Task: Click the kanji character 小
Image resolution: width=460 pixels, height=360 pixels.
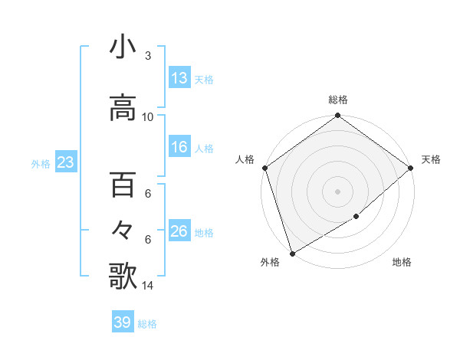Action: click(123, 47)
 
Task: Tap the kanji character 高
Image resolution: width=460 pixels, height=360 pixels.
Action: click(123, 108)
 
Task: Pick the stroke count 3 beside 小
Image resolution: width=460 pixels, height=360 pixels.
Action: click(147, 56)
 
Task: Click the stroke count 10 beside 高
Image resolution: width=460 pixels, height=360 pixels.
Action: click(148, 117)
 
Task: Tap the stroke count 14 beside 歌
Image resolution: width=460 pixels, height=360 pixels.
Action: click(148, 286)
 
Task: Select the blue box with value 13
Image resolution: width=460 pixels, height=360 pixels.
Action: click(179, 78)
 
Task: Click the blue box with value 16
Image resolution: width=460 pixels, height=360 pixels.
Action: click(179, 147)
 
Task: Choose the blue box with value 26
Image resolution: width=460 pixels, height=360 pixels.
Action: click(179, 231)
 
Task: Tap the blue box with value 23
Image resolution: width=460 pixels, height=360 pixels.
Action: click(65, 162)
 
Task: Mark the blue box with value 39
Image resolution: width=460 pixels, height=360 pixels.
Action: click(122, 322)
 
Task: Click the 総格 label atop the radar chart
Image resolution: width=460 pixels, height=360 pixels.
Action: click(338, 100)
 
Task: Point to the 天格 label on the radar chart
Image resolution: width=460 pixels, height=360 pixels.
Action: click(431, 159)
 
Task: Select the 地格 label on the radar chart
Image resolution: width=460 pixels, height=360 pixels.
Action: click(402, 262)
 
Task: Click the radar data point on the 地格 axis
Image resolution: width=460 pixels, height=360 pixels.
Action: click(356, 217)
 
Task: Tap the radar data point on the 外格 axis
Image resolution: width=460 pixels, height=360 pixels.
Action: click(291, 254)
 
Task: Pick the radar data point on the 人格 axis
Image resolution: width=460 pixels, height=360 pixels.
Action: click(264, 168)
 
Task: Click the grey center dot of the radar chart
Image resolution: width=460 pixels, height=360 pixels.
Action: click(338, 191)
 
